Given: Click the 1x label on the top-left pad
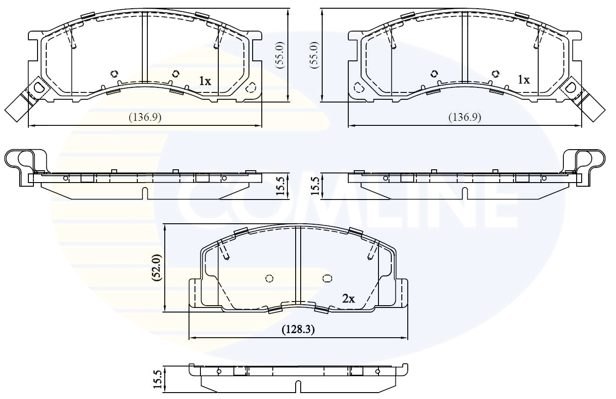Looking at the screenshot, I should (205, 81).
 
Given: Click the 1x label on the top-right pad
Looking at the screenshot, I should (524, 80).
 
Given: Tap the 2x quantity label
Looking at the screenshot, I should (349, 299).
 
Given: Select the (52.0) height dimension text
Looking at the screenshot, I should (156, 267).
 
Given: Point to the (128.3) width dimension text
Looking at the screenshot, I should (298, 329).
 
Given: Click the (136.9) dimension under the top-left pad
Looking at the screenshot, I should (145, 117).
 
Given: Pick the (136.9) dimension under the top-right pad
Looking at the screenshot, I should (465, 117).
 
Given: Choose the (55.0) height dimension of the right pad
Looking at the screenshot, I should (314, 55).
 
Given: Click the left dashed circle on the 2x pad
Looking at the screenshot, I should (269, 278).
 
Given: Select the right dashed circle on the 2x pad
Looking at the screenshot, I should (327, 278).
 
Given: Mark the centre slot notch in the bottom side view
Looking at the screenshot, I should (298, 387).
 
